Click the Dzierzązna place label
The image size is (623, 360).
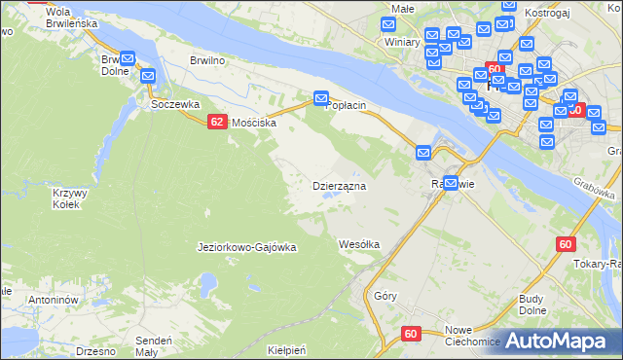click(x=338, y=185)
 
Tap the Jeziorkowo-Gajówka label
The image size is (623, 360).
click(x=246, y=248)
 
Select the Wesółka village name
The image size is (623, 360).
click(x=358, y=244)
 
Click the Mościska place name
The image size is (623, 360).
click(x=254, y=124)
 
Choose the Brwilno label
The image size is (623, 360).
click(x=207, y=59)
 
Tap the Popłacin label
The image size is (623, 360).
click(x=351, y=105)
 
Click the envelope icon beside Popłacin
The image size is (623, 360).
click(x=320, y=98)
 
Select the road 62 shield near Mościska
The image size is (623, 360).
click(x=217, y=122)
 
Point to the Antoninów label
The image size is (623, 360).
click(x=53, y=301)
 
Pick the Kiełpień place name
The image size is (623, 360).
click(x=287, y=349)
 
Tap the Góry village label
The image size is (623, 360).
click(x=385, y=297)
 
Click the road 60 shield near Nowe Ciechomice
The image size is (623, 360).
click(x=411, y=334)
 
